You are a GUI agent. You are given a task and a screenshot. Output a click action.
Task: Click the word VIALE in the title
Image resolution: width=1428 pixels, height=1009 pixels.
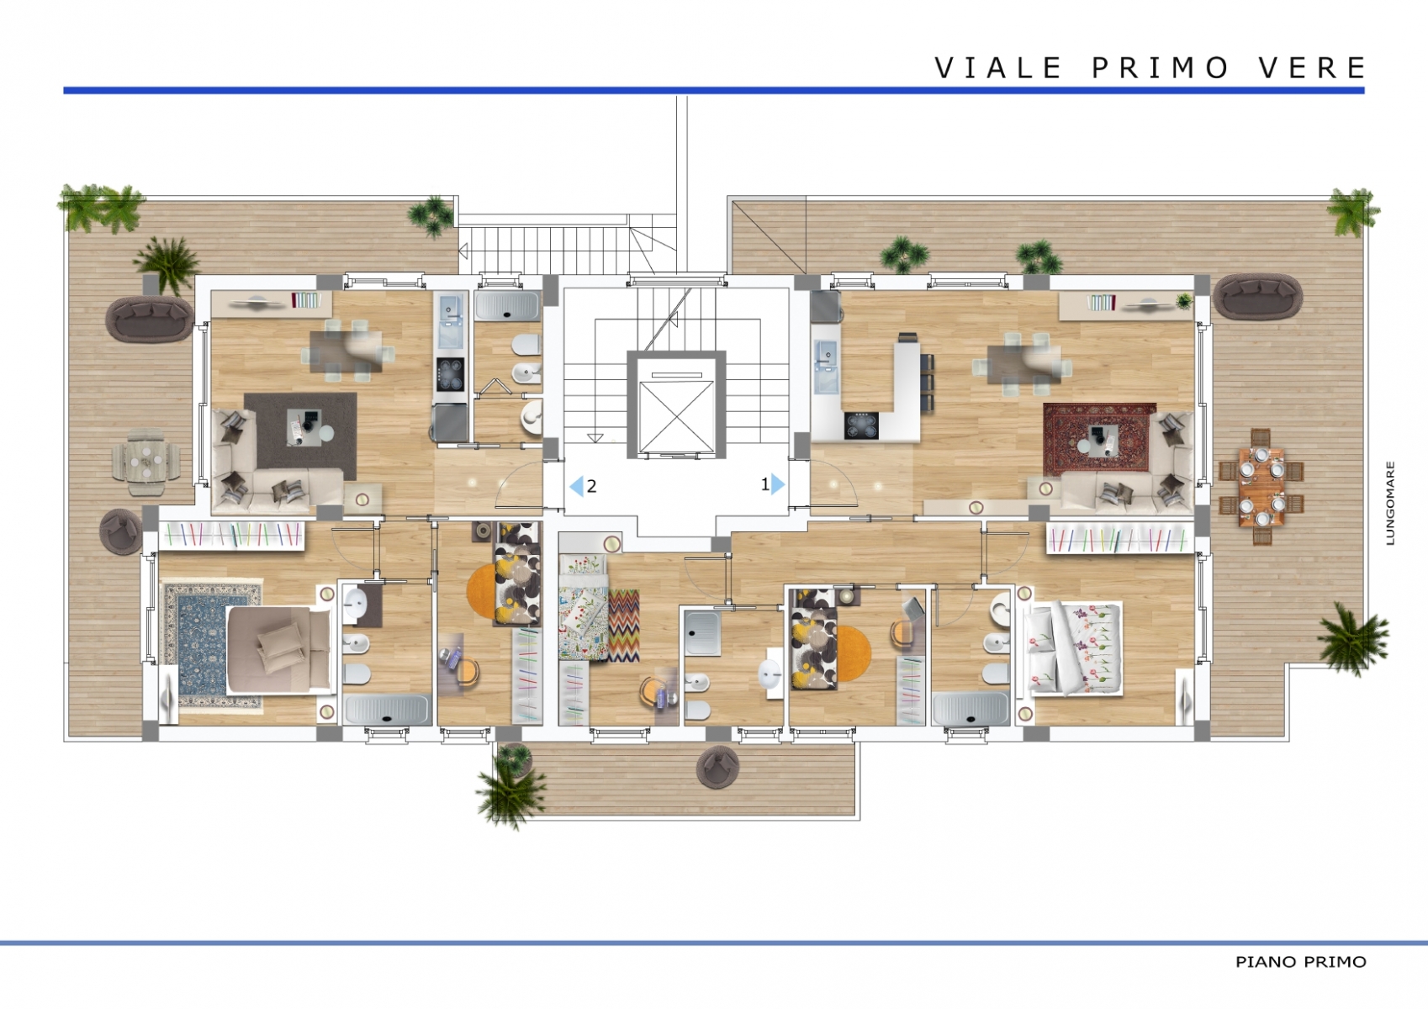(997, 67)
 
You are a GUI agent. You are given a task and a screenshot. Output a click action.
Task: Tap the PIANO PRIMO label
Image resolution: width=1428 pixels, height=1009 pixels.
(1300, 962)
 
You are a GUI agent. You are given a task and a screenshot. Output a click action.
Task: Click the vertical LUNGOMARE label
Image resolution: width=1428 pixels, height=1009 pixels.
(1390, 504)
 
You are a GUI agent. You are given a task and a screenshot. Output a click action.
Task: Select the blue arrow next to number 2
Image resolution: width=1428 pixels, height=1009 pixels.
(576, 486)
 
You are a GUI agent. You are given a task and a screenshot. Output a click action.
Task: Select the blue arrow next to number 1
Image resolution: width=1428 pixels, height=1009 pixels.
(778, 484)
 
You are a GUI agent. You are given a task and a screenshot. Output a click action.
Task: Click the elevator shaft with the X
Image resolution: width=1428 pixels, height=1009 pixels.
(676, 404)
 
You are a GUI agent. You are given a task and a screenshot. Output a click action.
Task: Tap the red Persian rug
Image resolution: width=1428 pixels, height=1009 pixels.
(1100, 439)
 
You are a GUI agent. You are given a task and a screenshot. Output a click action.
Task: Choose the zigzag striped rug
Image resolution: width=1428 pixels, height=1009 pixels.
(623, 626)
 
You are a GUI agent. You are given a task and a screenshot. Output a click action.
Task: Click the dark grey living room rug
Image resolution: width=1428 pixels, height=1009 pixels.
(300, 436)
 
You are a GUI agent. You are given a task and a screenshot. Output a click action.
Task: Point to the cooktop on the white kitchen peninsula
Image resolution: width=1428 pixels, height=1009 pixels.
(861, 425)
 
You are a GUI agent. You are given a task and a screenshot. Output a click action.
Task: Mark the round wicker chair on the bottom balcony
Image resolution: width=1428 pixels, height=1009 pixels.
(718, 767)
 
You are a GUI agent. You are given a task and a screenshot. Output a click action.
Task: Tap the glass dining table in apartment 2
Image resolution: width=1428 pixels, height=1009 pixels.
(346, 351)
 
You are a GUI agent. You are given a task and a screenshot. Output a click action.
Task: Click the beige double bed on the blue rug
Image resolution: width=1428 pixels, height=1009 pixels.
(278, 649)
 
